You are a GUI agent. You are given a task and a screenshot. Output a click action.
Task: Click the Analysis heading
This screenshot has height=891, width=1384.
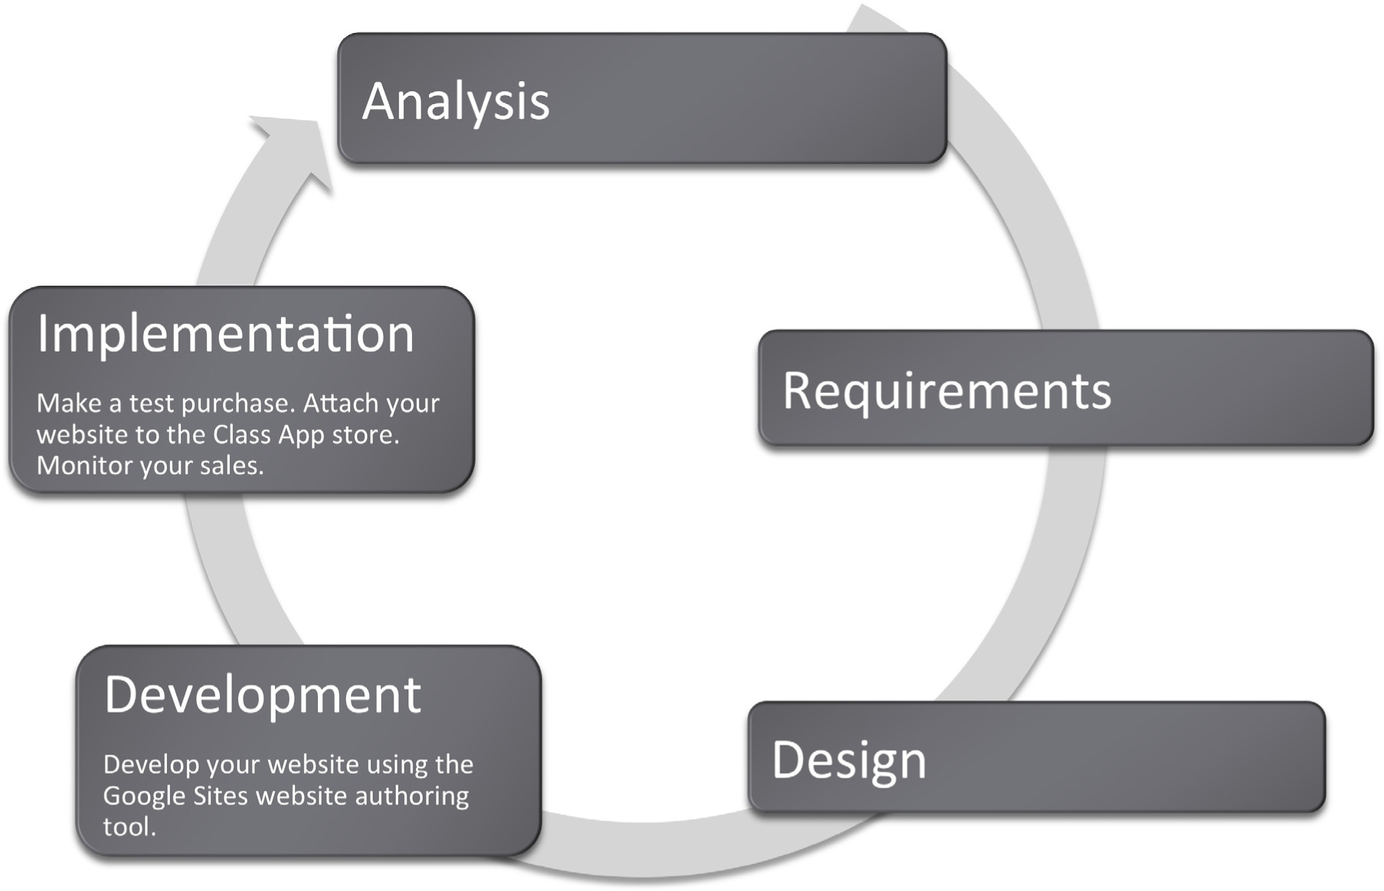(456, 101)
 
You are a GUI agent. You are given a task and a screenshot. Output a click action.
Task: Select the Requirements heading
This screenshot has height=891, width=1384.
(947, 391)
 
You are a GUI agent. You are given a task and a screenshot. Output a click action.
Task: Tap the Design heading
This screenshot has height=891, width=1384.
(849, 761)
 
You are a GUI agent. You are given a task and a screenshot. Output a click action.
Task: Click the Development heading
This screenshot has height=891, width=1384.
(263, 695)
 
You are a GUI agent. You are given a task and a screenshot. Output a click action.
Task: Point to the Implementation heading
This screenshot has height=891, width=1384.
(226, 334)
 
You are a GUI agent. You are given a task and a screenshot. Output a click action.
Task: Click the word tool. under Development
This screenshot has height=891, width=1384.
(129, 827)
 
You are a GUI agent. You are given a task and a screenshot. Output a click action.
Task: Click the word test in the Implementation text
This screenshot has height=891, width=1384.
(151, 404)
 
